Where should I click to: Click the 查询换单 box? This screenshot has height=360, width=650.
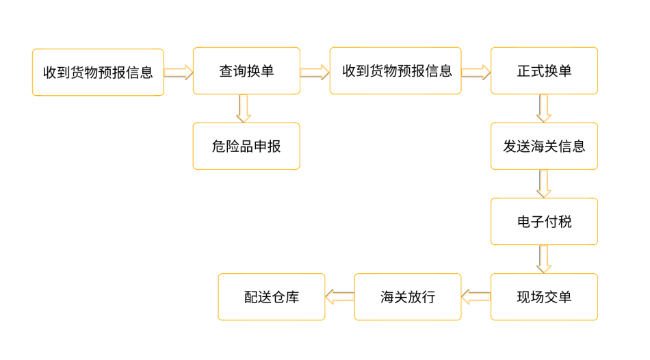point(246,70)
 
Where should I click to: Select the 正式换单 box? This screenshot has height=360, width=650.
point(544,70)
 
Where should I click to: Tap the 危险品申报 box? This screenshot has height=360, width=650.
point(246,146)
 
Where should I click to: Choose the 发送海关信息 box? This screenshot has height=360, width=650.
point(544,146)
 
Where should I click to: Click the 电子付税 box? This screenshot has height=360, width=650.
point(544,221)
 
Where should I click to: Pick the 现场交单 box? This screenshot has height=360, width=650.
point(544,296)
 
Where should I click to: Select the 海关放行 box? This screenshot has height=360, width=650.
point(408,296)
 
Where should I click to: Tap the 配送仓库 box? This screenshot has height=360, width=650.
point(272,296)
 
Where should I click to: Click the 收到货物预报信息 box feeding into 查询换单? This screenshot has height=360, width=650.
point(98,72)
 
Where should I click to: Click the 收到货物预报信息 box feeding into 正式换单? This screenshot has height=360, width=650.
point(395,70)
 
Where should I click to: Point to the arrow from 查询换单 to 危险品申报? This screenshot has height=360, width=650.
point(244,108)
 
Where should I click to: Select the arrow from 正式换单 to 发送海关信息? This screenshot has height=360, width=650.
point(544,108)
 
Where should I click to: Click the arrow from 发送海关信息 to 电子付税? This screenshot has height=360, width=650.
point(544,183)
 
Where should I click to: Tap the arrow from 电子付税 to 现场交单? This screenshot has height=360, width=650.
point(544,259)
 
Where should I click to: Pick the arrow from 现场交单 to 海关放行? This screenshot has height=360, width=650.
point(476,296)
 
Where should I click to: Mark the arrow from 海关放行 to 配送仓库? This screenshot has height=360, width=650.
point(339,296)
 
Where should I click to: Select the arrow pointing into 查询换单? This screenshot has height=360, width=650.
point(179,72)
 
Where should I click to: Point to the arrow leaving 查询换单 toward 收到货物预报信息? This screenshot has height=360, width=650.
point(315,72)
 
